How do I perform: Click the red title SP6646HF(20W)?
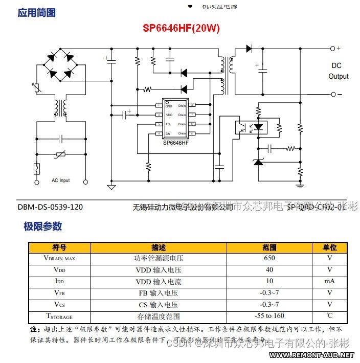181,29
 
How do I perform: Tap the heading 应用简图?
36,12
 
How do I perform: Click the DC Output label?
337,71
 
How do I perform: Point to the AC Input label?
61,180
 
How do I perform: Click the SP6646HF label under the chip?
176,143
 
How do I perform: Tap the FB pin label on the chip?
168,124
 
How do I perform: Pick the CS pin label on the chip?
168,133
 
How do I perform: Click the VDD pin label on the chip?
169,115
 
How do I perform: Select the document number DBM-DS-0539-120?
50,207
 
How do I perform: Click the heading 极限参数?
42,226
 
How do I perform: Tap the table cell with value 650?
269,258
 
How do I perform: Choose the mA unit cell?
329,281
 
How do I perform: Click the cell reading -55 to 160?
269,316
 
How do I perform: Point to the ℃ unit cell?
329,316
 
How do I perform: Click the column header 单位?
329,247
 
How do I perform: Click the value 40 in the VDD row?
269,269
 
